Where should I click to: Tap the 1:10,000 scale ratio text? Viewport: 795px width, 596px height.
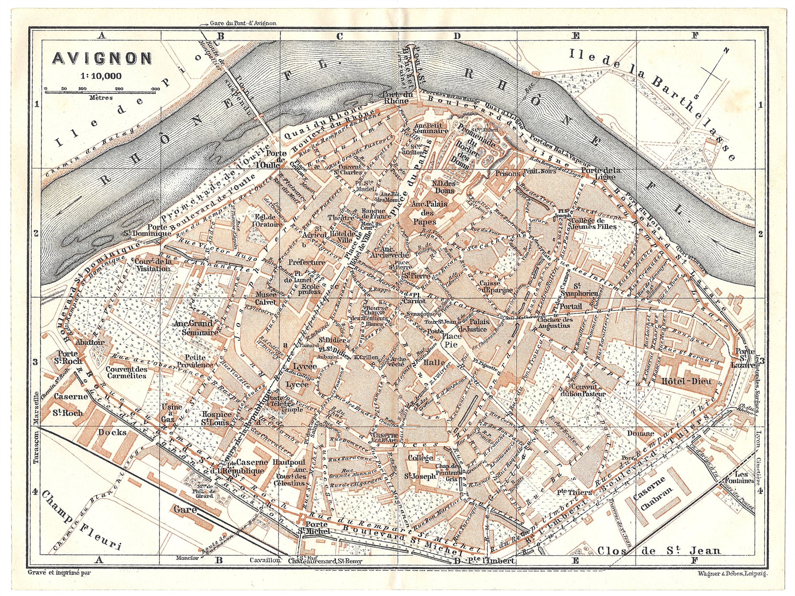tap(101, 76)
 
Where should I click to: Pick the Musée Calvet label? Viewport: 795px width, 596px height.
tap(265, 298)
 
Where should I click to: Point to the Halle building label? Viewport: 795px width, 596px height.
tap(433, 362)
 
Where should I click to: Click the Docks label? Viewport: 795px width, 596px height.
tap(112, 432)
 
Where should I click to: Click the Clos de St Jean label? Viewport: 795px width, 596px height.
tap(658, 550)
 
